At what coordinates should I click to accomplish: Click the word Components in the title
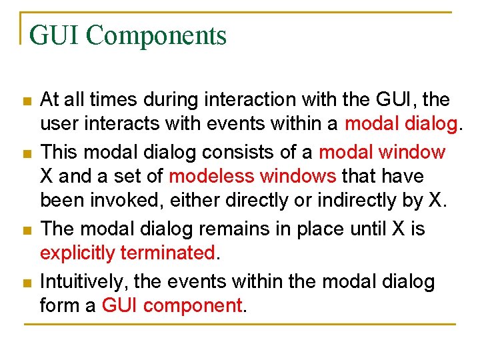pyautogui.click(x=156, y=35)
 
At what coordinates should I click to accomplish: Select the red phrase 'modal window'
pyautogui.click(x=382, y=152)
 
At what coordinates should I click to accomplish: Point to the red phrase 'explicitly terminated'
pyautogui.click(x=127, y=253)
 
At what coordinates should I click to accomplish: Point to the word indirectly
pyautogui.click(x=352, y=199)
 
